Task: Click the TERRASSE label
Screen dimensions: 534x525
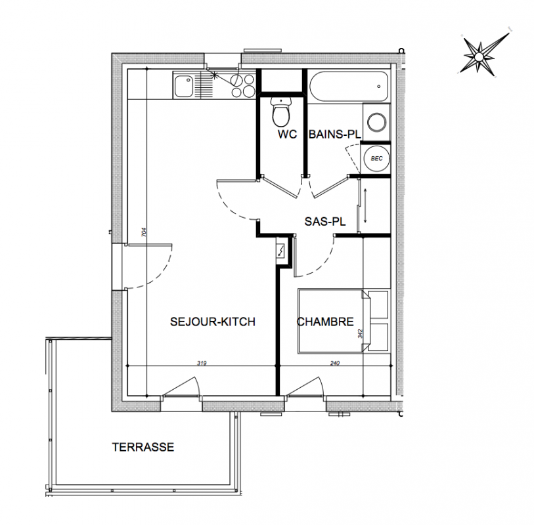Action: (x=143, y=447)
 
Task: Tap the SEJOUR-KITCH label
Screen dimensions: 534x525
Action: (x=213, y=322)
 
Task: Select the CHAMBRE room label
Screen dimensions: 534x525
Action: (x=325, y=322)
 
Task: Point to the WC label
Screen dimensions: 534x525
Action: (x=287, y=134)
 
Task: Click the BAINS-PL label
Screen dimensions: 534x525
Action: (x=335, y=134)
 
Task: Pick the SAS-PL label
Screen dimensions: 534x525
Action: (x=325, y=222)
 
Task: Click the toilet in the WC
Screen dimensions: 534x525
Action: (x=281, y=112)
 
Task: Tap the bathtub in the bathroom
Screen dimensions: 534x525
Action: (x=349, y=87)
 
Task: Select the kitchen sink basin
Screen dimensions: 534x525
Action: (x=184, y=87)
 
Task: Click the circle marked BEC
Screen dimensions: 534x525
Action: (x=376, y=158)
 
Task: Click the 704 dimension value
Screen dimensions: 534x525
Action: (x=144, y=232)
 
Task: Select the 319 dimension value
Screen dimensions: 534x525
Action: (x=202, y=363)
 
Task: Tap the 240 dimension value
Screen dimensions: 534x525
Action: (x=335, y=363)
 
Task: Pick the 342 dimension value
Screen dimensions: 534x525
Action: (x=361, y=333)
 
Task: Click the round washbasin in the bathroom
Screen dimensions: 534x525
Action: (x=376, y=122)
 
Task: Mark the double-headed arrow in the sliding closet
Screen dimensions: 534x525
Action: (x=365, y=206)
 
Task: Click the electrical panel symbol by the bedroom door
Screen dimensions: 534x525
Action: (x=280, y=250)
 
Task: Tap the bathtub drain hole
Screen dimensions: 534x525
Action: (x=379, y=87)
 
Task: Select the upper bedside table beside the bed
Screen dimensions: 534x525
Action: (x=378, y=304)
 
